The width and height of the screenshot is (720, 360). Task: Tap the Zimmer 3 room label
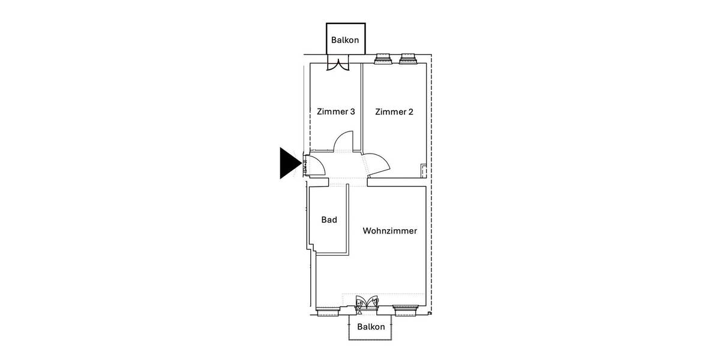click(x=336, y=112)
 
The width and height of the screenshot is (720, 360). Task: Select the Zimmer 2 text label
click(x=394, y=112)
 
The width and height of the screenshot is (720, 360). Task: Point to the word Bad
click(x=329, y=220)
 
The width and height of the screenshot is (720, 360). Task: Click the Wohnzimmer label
click(x=389, y=230)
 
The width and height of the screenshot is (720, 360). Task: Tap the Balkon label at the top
click(x=345, y=41)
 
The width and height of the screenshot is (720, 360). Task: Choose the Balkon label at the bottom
click(x=371, y=327)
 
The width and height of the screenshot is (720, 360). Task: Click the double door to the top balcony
click(x=338, y=64)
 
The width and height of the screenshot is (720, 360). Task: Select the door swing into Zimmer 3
click(x=343, y=142)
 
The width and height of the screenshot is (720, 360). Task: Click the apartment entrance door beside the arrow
click(x=315, y=166)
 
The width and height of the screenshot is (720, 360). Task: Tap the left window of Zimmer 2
click(x=383, y=59)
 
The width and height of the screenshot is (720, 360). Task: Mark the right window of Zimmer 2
click(x=408, y=59)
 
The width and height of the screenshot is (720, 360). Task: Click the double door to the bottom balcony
click(x=367, y=302)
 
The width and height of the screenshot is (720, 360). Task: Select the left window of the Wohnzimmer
click(x=328, y=311)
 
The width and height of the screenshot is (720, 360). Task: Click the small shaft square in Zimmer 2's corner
click(x=424, y=170)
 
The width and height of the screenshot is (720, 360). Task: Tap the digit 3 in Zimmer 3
click(x=352, y=112)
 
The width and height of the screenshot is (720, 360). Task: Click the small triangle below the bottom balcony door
click(x=359, y=313)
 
